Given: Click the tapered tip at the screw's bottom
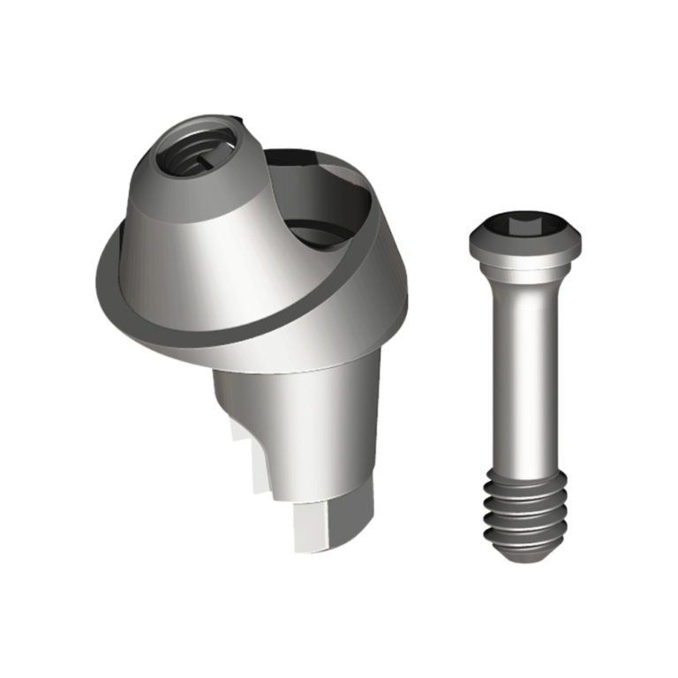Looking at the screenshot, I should pos(526,552).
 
